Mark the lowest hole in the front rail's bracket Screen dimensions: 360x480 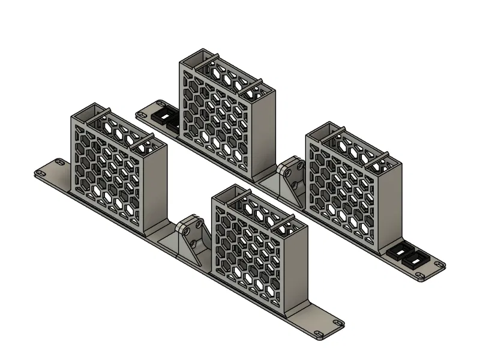pyautogui.click(x=195, y=246)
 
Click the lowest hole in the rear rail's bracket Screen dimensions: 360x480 pyautogui.click(x=296, y=184)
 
